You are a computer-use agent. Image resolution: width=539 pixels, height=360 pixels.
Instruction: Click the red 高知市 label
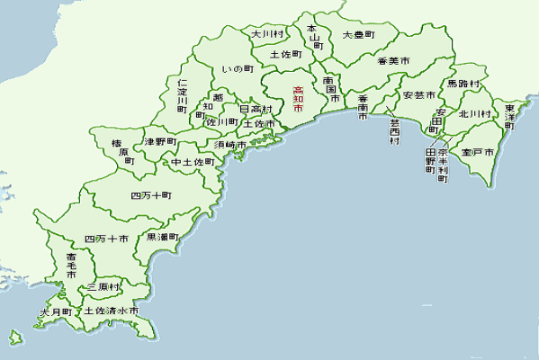(x=298, y=98)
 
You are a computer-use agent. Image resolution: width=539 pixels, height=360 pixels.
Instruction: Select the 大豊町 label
(x=357, y=36)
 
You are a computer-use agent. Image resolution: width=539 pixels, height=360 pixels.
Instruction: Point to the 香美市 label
(x=393, y=61)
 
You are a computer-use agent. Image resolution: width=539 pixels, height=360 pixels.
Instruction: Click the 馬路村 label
(x=464, y=83)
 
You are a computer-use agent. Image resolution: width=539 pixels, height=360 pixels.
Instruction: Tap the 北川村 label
(x=473, y=114)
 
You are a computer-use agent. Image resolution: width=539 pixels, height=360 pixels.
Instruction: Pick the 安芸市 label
(x=419, y=94)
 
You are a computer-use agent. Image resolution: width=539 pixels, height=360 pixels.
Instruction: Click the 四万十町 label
(x=151, y=194)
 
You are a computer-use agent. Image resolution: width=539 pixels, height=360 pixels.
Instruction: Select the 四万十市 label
(x=105, y=238)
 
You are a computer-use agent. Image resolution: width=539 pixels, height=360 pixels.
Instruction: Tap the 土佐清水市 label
(x=112, y=310)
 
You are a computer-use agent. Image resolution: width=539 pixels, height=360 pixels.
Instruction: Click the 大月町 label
(x=55, y=312)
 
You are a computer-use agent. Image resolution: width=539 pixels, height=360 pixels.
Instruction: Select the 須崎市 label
(x=230, y=144)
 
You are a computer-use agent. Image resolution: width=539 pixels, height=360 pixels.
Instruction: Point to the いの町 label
(x=238, y=68)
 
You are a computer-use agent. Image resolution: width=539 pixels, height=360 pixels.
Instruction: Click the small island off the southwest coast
(x=15, y=338)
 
